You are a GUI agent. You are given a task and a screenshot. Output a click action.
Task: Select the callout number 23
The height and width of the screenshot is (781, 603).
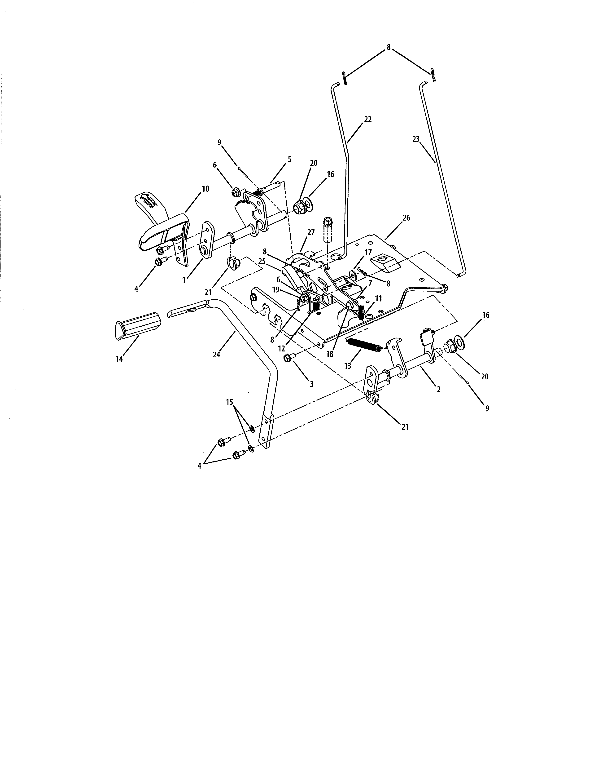pyautogui.click(x=415, y=139)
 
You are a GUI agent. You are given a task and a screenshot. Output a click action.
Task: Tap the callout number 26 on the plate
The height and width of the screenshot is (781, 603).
pyautogui.click(x=406, y=218)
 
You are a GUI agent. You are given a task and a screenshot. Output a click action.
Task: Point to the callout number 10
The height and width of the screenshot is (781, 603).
pyautogui.click(x=205, y=189)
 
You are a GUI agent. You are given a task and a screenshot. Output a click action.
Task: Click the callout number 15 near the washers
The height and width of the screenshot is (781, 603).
pyautogui.click(x=230, y=402)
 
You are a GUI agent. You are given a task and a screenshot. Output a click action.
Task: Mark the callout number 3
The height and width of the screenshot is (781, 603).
pyautogui.click(x=311, y=384)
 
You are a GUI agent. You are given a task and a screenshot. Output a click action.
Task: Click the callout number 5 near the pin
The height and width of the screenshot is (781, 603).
pyautogui.click(x=289, y=160)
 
